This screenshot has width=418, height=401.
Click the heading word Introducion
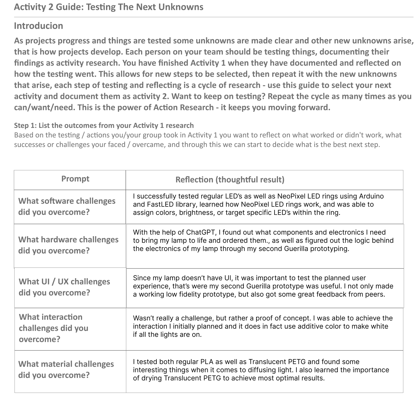[x=39, y=26]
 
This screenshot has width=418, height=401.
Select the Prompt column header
[x=75, y=179]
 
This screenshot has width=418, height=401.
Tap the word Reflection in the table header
[x=194, y=180]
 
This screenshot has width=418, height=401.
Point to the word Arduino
[x=371, y=196]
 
